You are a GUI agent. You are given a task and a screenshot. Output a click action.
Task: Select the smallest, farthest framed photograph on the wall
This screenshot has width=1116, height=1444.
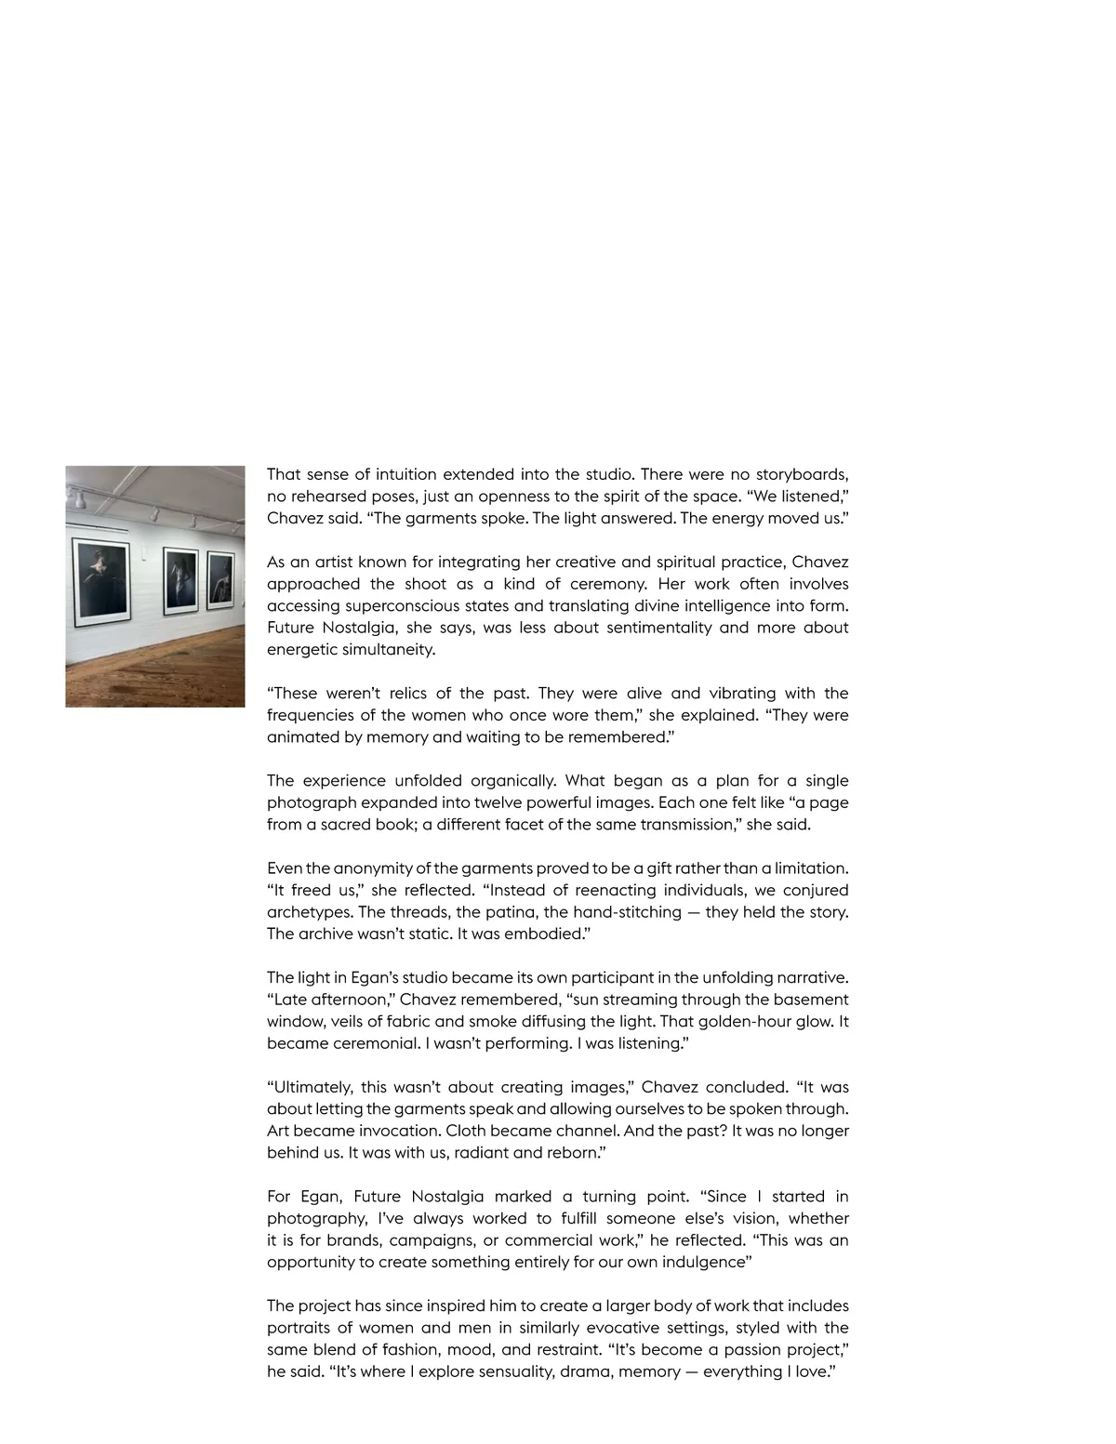click(x=220, y=580)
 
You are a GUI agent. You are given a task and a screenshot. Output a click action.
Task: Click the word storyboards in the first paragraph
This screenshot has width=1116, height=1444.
click(x=801, y=475)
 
